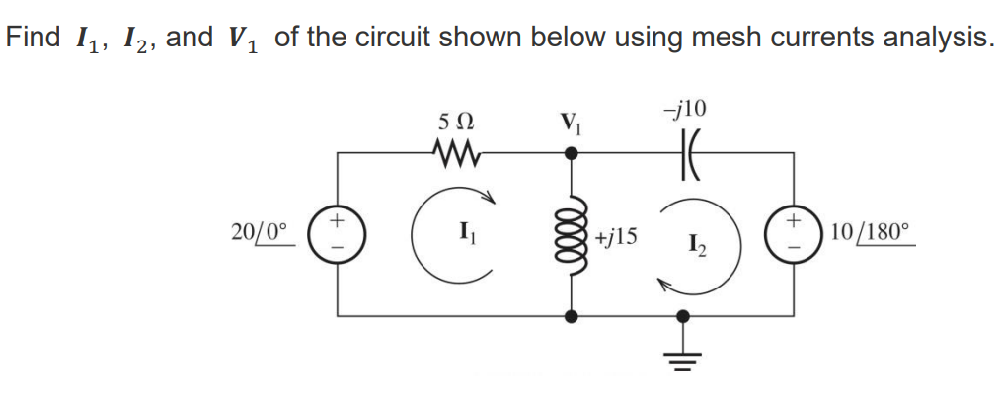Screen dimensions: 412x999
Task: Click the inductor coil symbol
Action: [x=571, y=236]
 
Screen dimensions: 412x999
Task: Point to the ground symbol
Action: [x=682, y=357]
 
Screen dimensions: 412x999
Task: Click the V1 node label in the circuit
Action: [x=570, y=126]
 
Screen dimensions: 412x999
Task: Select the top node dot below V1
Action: [x=571, y=154]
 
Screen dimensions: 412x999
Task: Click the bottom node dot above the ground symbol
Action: [x=682, y=317]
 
